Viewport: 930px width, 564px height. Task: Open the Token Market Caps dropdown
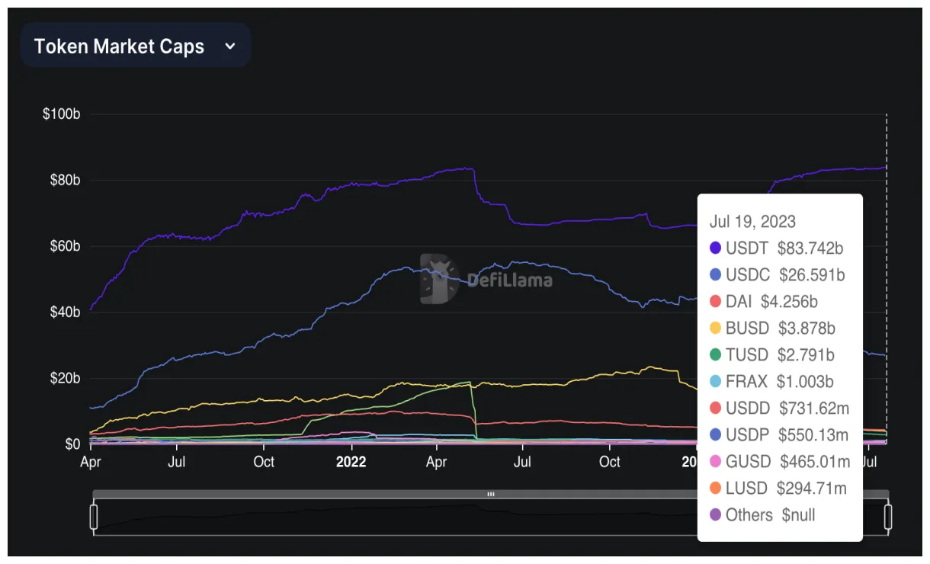(135, 46)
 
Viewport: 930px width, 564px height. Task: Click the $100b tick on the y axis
(62, 114)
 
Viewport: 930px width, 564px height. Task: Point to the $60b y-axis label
(64, 246)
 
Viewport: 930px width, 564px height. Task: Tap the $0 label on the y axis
(72, 444)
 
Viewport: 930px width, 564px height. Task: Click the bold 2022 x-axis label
(351, 462)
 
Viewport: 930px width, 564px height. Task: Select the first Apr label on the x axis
(91, 462)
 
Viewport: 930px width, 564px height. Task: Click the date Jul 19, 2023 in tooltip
(752, 222)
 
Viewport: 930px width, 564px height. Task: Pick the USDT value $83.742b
(810, 248)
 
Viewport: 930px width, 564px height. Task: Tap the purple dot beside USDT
(715, 248)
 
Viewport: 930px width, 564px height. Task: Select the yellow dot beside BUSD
(715, 328)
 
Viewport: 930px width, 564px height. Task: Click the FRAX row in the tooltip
(778, 381)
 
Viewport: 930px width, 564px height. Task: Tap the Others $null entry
(770, 514)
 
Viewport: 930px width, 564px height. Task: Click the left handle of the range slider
(94, 516)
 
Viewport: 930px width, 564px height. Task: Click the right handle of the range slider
(887, 516)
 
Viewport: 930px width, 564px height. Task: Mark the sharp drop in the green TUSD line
(474, 412)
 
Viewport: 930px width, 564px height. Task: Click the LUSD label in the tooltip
(748, 488)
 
